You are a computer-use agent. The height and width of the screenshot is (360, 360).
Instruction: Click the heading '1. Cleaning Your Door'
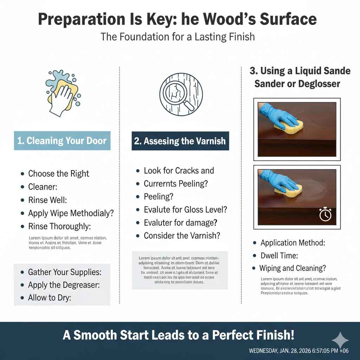tap(62, 141)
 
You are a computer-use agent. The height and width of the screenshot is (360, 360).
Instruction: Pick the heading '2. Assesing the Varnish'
tap(180, 141)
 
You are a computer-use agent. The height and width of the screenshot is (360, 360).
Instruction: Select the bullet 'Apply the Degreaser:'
tap(64, 285)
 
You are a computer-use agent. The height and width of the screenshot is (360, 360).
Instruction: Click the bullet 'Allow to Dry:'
tap(50, 298)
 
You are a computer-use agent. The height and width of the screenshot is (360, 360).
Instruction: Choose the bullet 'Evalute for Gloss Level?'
tap(185, 210)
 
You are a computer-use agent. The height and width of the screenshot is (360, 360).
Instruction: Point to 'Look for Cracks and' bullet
tap(179, 171)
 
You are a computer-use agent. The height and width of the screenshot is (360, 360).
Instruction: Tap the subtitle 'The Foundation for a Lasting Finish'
tap(178, 37)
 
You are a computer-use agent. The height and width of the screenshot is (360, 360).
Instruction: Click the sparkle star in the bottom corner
tap(340, 340)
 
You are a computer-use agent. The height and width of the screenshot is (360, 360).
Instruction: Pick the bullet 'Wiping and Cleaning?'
tap(292, 268)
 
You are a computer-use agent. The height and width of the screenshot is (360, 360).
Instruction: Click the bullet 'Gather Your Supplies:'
tap(65, 272)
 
